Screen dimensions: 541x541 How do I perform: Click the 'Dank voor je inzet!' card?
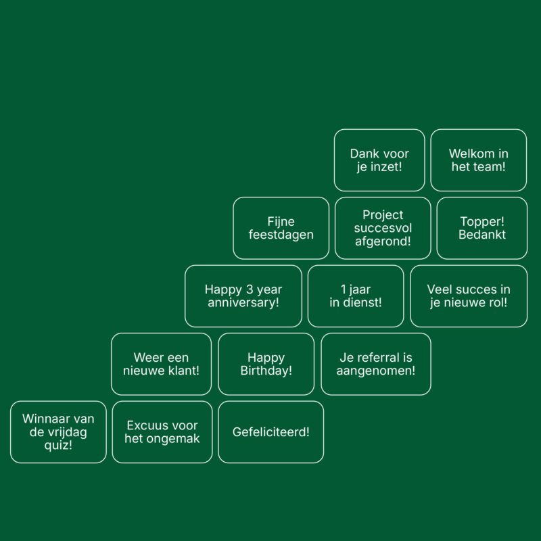(x=379, y=160)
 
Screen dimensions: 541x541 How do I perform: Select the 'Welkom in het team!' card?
(x=478, y=160)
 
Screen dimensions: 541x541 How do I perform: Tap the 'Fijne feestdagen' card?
(x=281, y=228)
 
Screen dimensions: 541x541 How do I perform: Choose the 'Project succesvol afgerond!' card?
(x=383, y=228)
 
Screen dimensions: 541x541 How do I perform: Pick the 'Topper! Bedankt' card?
(x=482, y=228)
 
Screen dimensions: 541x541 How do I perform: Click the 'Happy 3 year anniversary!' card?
(x=243, y=296)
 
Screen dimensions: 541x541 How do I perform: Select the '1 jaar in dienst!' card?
(x=356, y=296)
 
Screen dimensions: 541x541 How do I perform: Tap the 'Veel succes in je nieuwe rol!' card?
(x=469, y=296)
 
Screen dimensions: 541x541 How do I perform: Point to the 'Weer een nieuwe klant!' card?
(x=161, y=364)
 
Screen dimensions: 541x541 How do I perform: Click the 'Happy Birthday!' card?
(x=266, y=364)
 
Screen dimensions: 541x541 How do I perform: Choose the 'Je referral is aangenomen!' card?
(x=376, y=364)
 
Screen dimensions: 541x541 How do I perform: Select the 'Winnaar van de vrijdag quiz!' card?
(x=58, y=432)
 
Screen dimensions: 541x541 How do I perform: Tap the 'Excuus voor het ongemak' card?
(x=162, y=432)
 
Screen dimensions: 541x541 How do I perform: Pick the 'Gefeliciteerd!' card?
(x=270, y=432)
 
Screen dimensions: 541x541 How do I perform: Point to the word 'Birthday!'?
(x=266, y=371)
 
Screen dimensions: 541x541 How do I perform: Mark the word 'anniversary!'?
(x=243, y=303)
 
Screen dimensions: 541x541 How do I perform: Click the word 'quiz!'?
(x=59, y=445)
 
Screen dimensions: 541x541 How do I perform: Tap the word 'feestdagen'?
(x=281, y=235)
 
